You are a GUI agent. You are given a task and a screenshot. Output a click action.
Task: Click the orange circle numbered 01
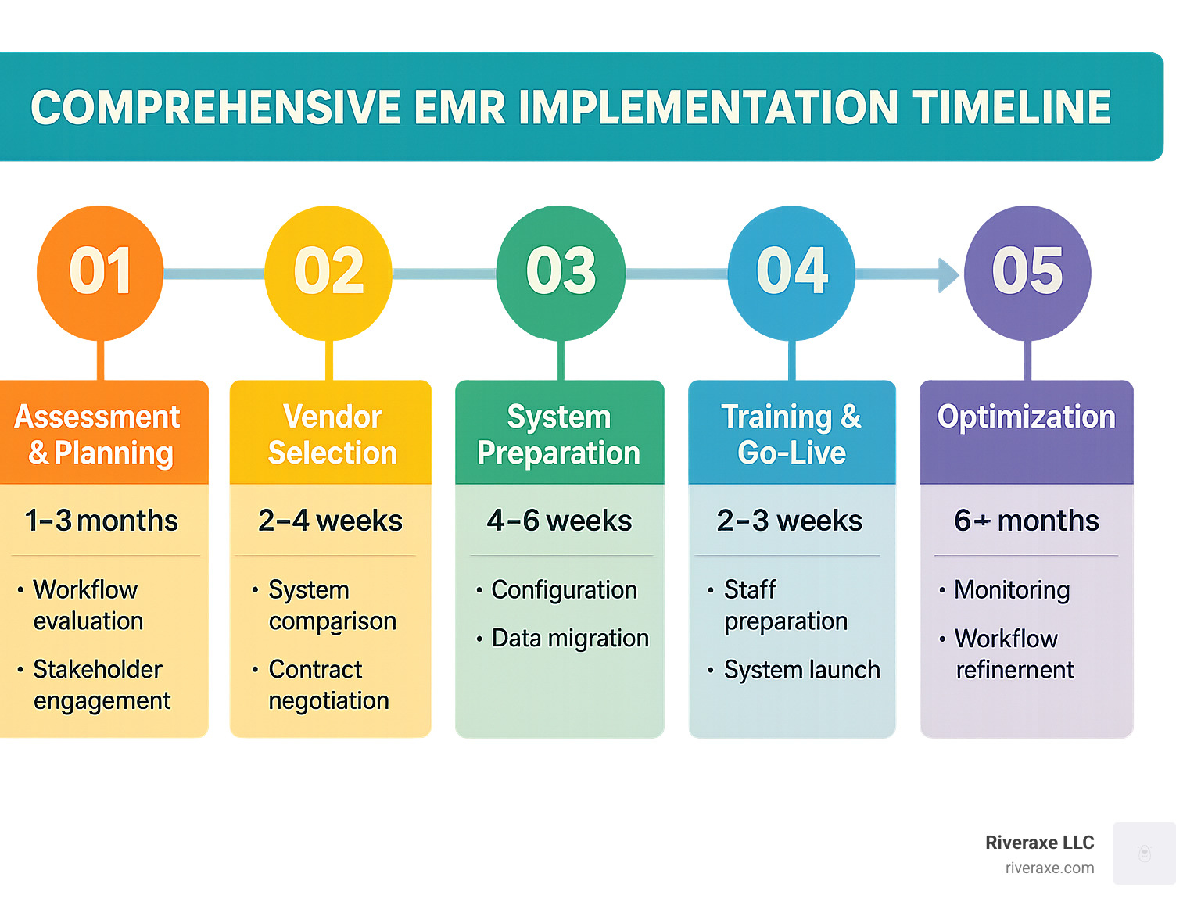[100, 272]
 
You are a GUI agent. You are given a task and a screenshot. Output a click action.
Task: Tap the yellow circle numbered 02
[328, 272]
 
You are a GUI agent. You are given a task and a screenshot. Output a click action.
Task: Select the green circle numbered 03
[561, 272]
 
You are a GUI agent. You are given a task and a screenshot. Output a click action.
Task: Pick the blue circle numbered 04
[791, 272]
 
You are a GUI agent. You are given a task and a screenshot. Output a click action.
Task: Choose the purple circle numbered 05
[1027, 272]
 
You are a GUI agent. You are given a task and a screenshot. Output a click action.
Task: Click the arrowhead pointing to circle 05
[948, 274]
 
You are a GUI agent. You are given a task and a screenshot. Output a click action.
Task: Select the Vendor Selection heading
[332, 435]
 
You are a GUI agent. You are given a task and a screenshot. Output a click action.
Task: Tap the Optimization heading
[1026, 417]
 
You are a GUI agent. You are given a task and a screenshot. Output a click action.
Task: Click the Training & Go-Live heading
[791, 435]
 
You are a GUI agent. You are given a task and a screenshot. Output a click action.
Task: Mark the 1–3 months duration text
[102, 521]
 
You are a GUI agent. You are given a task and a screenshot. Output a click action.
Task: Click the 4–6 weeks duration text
[559, 521]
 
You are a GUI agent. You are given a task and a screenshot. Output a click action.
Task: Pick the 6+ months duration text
[1027, 521]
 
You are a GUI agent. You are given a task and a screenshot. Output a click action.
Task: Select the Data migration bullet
[570, 639]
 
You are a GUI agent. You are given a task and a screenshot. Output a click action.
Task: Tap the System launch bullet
[801, 670]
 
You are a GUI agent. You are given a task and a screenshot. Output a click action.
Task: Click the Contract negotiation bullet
[328, 685]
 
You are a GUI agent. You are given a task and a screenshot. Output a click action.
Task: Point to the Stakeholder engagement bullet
[101, 685]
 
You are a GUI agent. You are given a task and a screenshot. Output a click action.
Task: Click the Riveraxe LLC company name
[1039, 843]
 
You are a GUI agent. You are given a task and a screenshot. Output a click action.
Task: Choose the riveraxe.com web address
[1049, 868]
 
